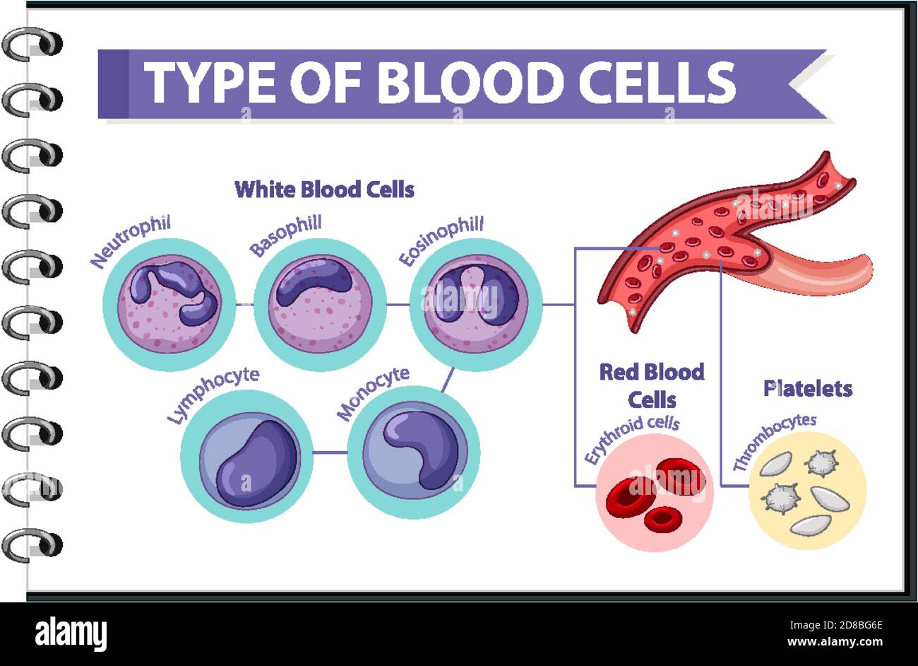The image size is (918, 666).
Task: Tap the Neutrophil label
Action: pyautogui.click(x=131, y=243)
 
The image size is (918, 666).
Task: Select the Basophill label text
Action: pyautogui.click(x=285, y=236)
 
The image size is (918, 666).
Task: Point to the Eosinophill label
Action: pyautogui.click(x=441, y=241)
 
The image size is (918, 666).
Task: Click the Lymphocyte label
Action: pyautogui.click(x=213, y=395)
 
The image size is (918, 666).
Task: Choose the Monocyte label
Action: pyautogui.click(x=373, y=393)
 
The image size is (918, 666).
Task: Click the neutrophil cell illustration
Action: pyautogui.click(x=169, y=304)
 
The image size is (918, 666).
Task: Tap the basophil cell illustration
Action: pyautogui.click(x=320, y=304)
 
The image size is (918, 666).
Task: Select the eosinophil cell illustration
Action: pyautogui.click(x=475, y=304)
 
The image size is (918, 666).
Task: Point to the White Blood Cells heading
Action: pyautogui.click(x=324, y=189)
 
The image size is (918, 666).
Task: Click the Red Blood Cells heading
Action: pyautogui.click(x=652, y=385)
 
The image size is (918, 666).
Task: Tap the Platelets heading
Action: pyautogui.click(x=808, y=388)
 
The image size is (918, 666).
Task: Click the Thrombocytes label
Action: pyautogui.click(x=774, y=441)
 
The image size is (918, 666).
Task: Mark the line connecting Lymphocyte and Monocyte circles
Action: pyautogui.click(x=330, y=452)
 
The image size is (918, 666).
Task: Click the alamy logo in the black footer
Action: pyautogui.click(x=71, y=633)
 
